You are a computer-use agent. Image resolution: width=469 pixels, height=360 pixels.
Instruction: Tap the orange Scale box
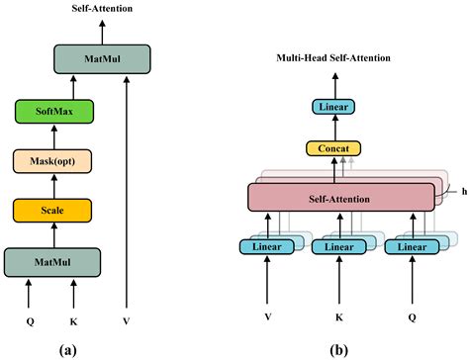[x=51, y=210]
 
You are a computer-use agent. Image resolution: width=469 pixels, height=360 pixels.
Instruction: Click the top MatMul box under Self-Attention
[x=100, y=58]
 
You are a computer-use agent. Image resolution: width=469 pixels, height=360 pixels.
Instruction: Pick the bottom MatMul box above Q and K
[x=51, y=262]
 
